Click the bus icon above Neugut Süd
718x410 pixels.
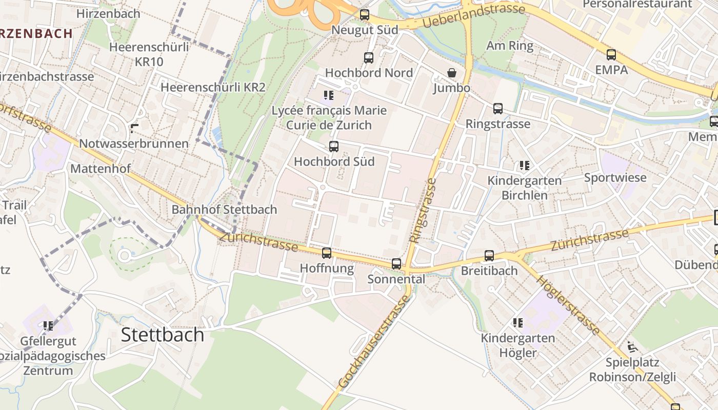365,15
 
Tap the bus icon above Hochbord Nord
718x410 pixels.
369,58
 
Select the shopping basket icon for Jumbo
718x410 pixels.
452,73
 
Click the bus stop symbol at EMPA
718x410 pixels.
611,55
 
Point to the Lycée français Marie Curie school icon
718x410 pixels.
329,95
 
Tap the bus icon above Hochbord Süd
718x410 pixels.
334,147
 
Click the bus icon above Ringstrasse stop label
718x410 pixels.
498,109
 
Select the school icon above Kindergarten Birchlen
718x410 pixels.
524,166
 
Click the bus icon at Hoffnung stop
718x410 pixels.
327,253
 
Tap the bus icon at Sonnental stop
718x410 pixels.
396,264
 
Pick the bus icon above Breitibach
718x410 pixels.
489,256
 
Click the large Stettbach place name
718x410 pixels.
163,335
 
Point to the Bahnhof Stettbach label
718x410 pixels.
224,210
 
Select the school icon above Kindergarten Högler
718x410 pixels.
518,323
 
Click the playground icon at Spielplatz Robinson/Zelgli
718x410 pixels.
632,347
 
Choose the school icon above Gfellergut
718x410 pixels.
48,326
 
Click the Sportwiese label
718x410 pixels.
615,178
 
